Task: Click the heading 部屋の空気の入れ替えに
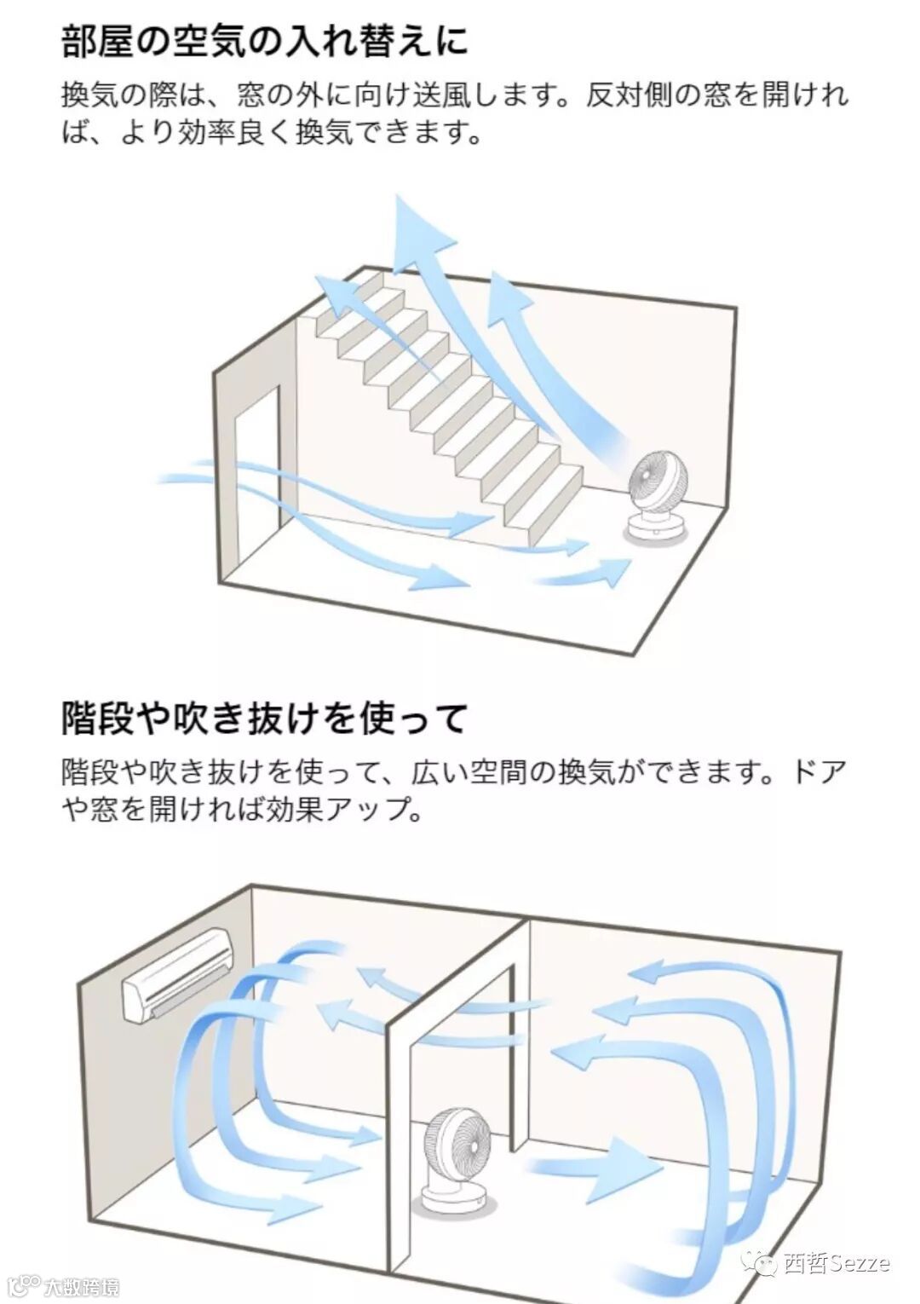click(265, 40)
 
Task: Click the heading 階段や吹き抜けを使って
click(265, 718)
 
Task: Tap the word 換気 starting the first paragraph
click(89, 95)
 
